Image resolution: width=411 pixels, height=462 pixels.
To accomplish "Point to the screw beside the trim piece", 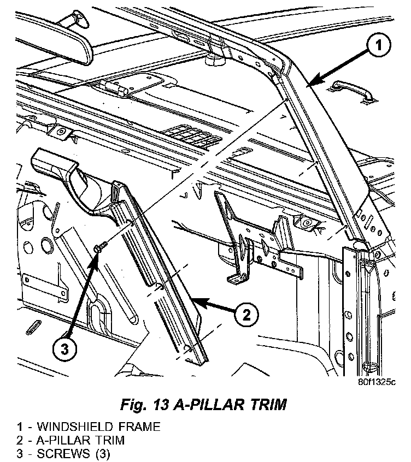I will (x=99, y=248).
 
